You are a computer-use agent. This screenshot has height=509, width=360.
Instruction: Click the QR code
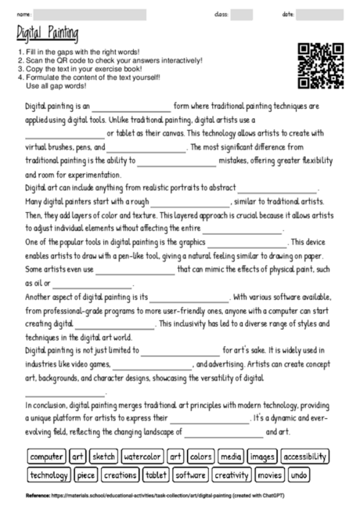click(321, 66)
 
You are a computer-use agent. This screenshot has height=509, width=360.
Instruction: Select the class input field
click(242, 14)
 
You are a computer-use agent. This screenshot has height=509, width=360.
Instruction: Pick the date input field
click(321, 14)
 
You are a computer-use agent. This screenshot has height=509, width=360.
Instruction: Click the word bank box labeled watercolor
click(142, 457)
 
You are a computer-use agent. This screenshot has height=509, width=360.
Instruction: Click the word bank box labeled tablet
click(157, 475)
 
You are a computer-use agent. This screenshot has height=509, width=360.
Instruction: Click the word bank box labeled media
click(231, 457)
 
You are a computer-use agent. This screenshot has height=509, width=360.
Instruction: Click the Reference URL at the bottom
click(157, 496)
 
